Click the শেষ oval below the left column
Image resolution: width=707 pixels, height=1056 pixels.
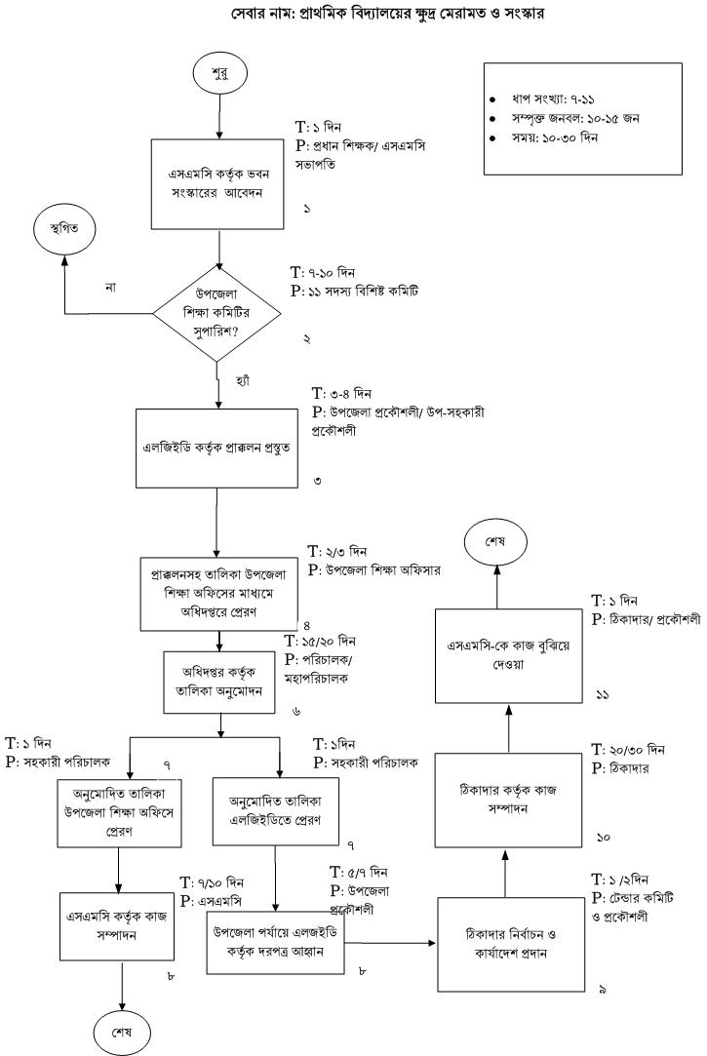[121, 1030]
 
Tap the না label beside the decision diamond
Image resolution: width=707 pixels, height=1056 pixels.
[111, 288]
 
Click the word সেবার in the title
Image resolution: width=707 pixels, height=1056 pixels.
[254, 14]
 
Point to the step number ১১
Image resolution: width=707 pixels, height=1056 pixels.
[602, 693]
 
